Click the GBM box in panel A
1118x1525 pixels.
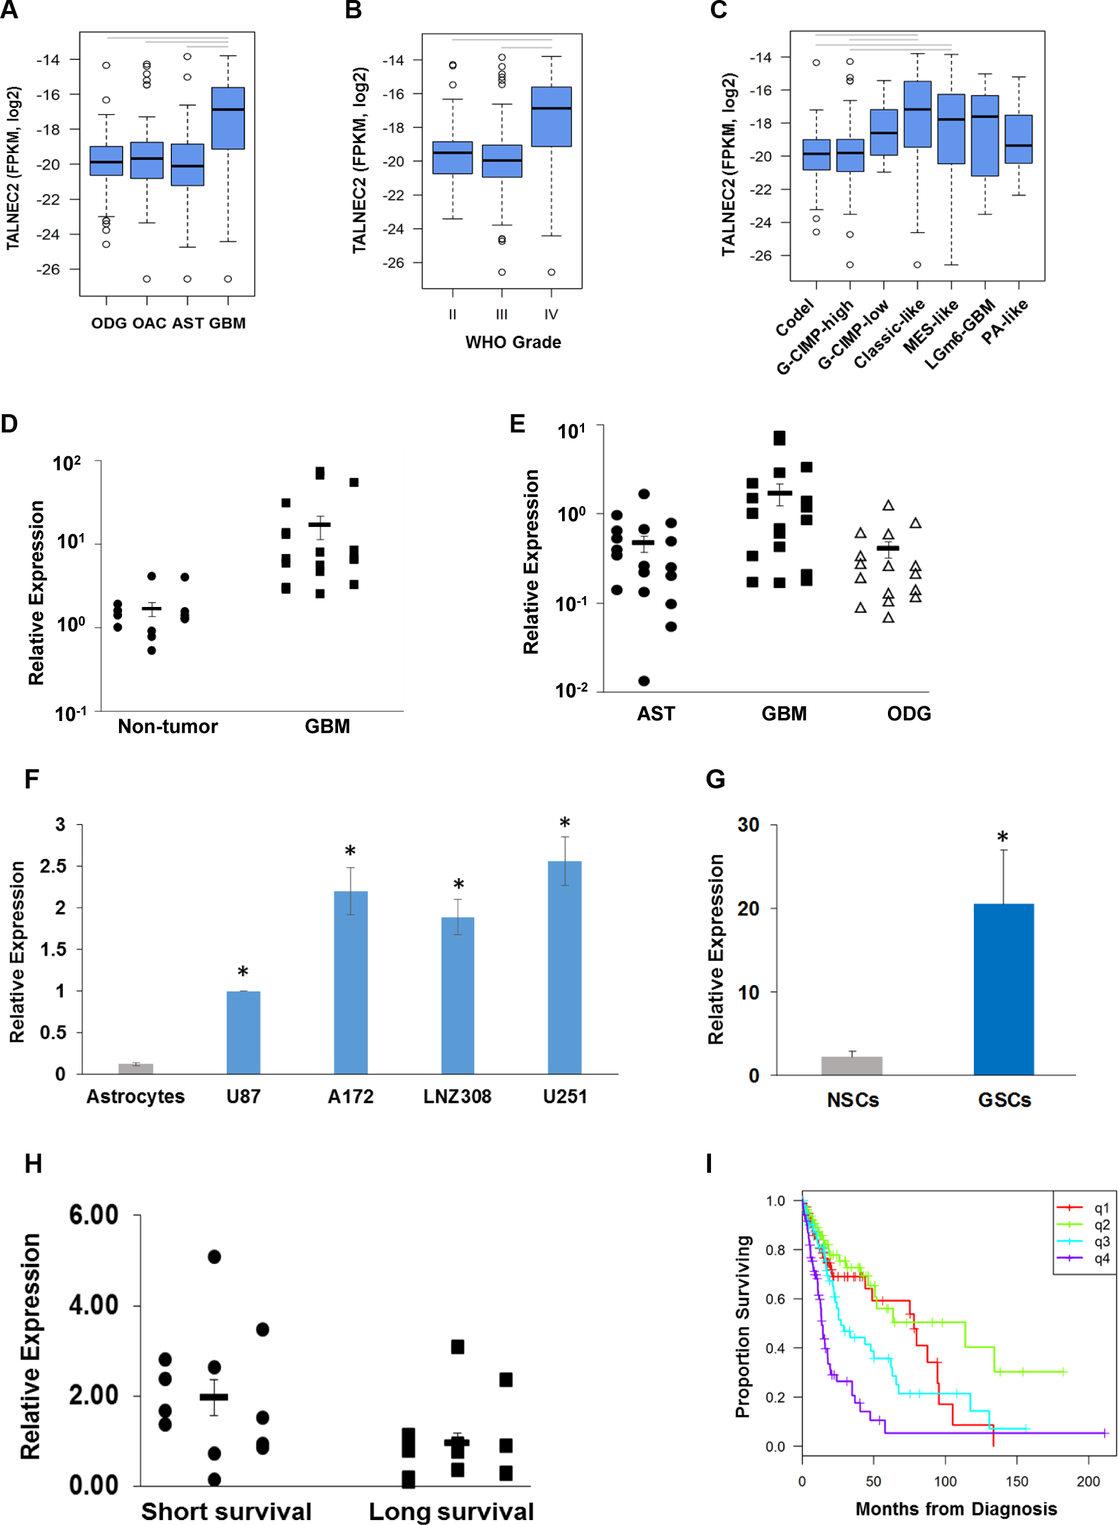click(x=228, y=118)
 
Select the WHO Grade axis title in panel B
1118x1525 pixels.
click(x=513, y=342)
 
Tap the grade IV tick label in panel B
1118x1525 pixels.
click(x=551, y=315)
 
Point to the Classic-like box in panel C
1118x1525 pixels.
click(x=917, y=114)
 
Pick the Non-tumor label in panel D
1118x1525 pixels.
click(x=168, y=727)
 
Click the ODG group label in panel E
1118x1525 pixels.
click(x=909, y=714)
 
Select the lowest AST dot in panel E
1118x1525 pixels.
click(x=644, y=680)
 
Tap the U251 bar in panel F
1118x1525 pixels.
click(x=564, y=967)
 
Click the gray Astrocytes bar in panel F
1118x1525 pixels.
click(x=135, y=1069)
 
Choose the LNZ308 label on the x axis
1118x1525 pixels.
click(x=458, y=1096)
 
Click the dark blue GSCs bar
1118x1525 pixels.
click(x=1004, y=989)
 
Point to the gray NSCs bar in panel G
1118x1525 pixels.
click(x=851, y=1065)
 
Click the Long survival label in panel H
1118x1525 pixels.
click(x=452, y=1512)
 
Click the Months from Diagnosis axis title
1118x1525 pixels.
click(x=956, y=1509)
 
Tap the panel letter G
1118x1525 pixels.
click(x=715, y=779)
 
